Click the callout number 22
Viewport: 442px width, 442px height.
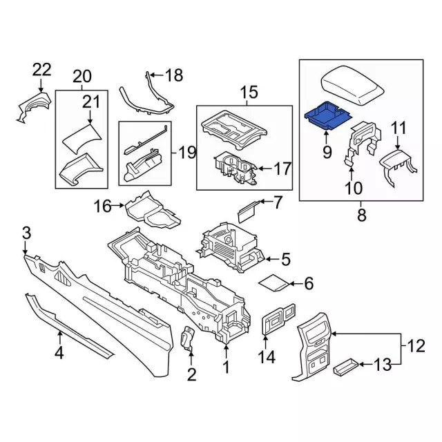(41, 69)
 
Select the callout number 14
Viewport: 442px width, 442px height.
(267, 357)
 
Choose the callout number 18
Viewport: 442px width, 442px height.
(174, 75)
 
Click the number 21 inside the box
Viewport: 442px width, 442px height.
(91, 102)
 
